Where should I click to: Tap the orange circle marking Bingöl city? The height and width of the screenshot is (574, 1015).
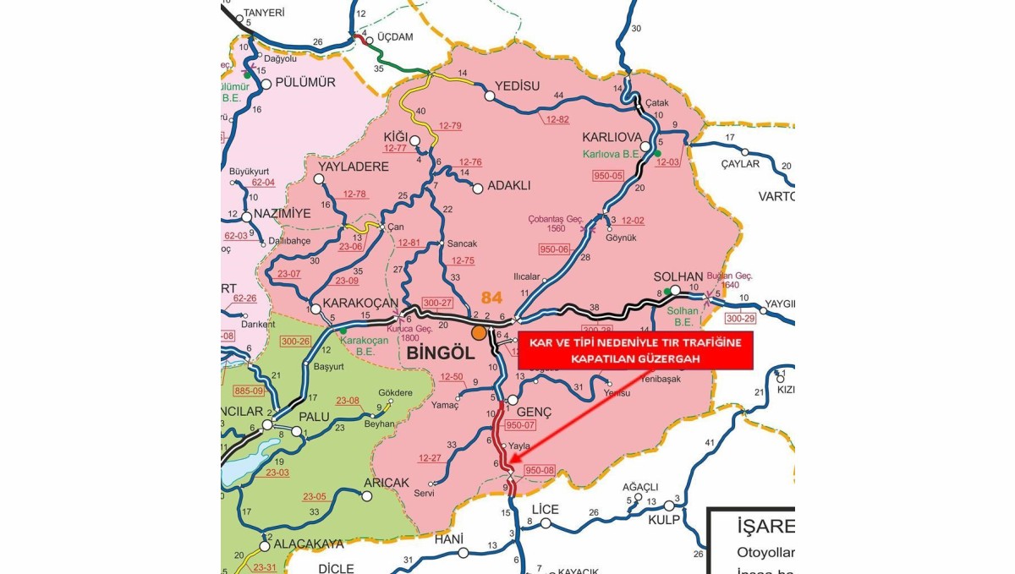480,332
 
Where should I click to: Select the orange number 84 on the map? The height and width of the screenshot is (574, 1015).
491,298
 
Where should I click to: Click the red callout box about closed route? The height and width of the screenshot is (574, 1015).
634,349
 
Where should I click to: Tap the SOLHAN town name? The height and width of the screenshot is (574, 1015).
678,277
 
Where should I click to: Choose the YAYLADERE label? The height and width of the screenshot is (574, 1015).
354,167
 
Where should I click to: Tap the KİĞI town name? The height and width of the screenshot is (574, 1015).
396,137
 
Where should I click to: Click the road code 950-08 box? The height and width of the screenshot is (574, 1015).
539,470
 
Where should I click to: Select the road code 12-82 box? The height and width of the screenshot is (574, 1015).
557,120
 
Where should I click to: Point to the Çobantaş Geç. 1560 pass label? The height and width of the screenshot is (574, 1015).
556,224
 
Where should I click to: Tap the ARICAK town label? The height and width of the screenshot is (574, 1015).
386,483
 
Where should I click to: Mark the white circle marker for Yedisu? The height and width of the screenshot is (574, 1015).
489,96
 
